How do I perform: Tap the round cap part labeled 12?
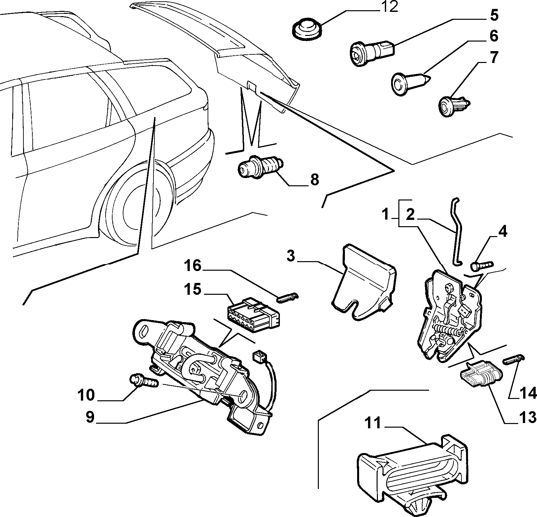tap(307, 29)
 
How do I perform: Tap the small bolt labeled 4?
tap(482, 264)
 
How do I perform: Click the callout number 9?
tap(90, 417)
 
